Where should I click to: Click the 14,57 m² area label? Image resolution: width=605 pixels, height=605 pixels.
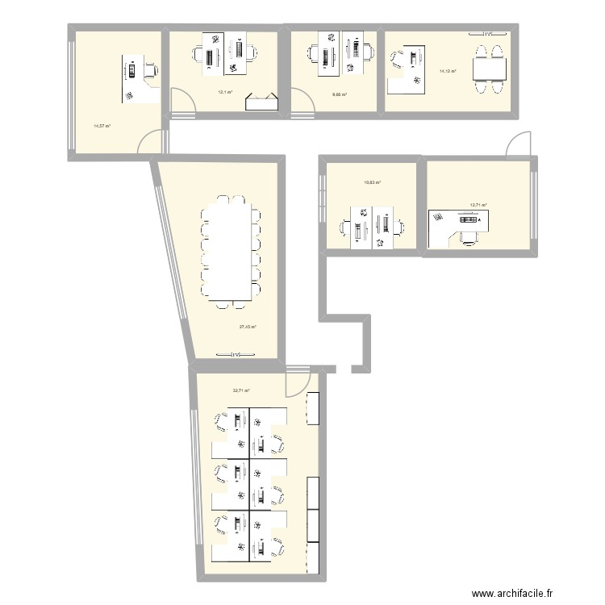[102, 125]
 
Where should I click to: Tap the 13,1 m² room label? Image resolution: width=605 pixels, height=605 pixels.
[224, 92]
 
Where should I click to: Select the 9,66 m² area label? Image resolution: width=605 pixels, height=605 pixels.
[340, 94]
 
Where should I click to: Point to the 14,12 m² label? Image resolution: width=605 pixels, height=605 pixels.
[448, 72]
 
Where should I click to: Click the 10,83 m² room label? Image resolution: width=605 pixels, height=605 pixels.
[372, 183]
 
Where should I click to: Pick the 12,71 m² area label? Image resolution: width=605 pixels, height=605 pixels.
[478, 206]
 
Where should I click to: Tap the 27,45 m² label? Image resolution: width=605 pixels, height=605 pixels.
[248, 327]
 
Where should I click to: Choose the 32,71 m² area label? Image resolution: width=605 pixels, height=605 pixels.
[241, 390]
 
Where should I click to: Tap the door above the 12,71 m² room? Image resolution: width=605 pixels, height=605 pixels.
[516, 145]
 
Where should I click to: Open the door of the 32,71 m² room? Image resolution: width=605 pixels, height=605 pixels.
[297, 381]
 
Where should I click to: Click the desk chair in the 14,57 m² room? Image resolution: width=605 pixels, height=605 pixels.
[150, 70]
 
